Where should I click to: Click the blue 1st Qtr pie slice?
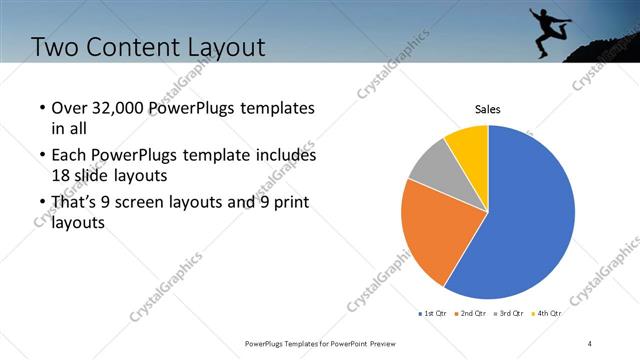(x=530, y=215)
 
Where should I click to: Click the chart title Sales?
(x=487, y=109)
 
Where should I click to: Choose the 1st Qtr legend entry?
(x=432, y=314)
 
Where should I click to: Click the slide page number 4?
(x=590, y=343)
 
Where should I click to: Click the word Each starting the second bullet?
(x=69, y=156)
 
